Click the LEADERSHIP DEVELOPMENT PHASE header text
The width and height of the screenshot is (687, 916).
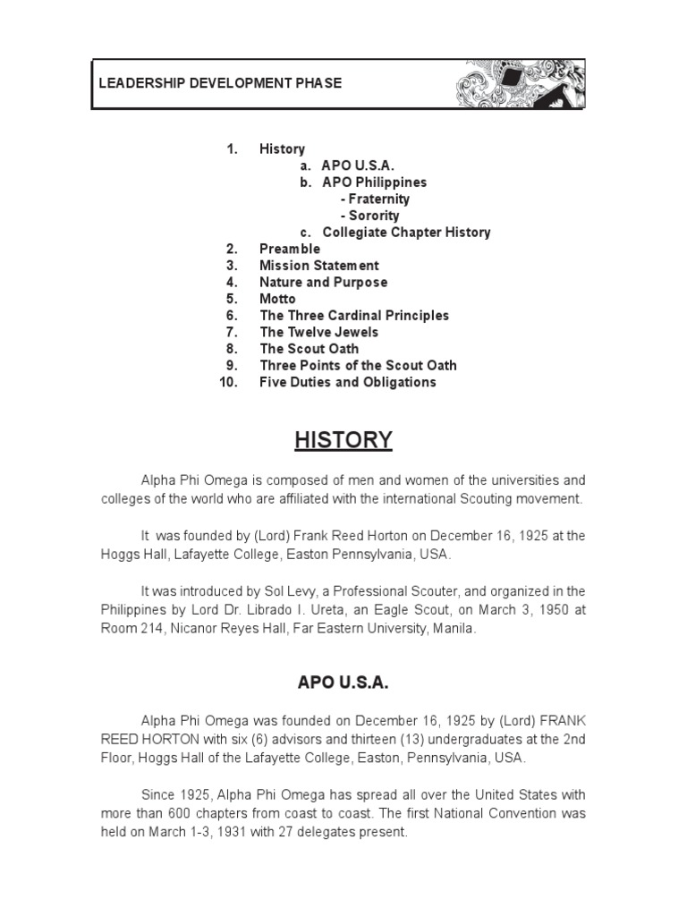(220, 83)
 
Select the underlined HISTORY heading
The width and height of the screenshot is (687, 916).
(343, 440)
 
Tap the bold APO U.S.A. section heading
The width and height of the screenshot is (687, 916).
(343, 683)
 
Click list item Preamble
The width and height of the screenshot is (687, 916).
(290, 249)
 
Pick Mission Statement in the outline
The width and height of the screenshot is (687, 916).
(319, 266)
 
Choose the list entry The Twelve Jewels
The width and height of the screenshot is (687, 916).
(318, 332)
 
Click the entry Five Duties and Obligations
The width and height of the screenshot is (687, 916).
(348, 382)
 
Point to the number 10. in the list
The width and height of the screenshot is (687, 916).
(228, 382)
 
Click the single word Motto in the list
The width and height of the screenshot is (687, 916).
(277, 299)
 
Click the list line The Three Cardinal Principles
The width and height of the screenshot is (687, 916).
(354, 316)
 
